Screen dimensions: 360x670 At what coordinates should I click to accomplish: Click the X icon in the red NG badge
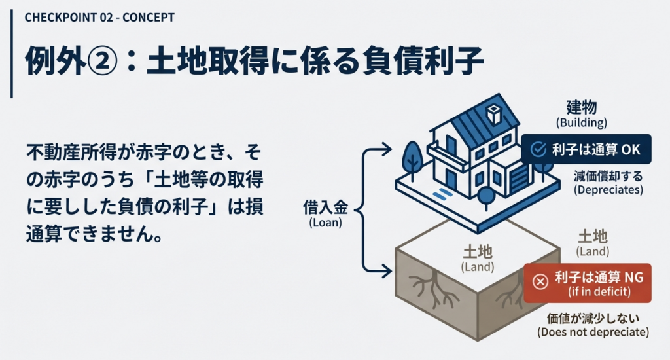coord(540,281)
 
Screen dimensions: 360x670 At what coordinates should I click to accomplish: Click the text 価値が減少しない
coord(593,319)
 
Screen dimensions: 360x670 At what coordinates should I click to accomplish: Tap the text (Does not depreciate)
coord(593,333)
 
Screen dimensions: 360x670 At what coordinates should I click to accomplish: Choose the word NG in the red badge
coord(633,278)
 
